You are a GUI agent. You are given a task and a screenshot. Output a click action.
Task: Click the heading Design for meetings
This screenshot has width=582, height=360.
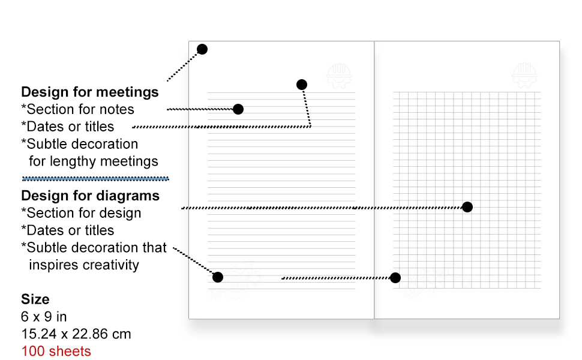90,92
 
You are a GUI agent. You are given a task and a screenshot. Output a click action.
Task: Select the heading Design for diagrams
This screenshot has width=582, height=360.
90,196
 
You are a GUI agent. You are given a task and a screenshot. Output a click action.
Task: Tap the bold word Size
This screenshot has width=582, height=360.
35,299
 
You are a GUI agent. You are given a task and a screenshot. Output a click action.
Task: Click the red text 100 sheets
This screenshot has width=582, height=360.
56,351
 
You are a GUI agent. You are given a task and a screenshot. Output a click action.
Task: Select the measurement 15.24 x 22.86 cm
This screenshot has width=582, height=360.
76,334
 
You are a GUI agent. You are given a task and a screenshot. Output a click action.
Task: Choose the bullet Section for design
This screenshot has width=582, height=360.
82,213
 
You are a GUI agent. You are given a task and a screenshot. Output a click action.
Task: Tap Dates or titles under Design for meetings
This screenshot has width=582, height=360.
68,127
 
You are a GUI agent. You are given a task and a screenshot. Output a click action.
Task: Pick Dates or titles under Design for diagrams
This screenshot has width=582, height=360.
68,230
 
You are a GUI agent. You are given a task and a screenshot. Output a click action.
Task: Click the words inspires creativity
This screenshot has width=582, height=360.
84,265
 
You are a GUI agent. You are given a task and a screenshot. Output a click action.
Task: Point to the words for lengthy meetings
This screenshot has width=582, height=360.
94,161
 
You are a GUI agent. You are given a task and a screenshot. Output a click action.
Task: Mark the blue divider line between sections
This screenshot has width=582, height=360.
95,178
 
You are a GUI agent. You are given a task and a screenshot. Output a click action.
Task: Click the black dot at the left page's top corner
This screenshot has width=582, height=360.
202,49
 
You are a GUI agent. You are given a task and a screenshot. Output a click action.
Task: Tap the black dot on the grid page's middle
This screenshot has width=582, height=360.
467,207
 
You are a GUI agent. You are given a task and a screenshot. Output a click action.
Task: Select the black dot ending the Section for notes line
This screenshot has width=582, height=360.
238,109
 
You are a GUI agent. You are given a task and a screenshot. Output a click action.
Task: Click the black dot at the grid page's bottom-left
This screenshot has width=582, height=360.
395,278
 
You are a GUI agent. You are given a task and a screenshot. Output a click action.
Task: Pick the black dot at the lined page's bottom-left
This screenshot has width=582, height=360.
218,277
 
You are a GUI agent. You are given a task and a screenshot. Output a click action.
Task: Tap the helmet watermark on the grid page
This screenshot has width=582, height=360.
524,76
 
